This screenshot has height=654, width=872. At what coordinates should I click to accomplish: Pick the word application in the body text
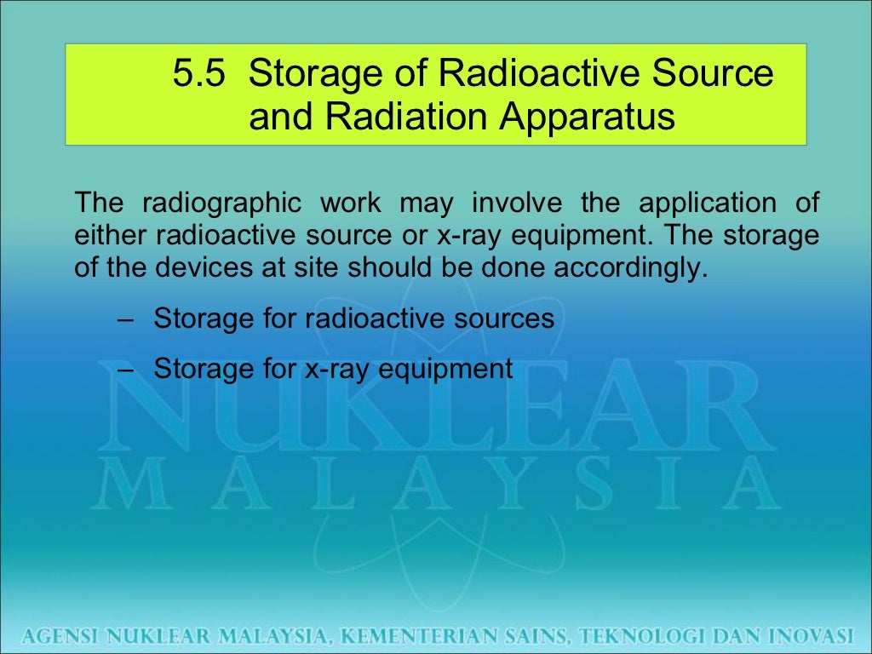(x=707, y=204)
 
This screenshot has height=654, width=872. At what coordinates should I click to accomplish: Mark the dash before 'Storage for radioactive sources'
(x=126, y=320)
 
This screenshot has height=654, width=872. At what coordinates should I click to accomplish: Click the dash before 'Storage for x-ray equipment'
(x=126, y=370)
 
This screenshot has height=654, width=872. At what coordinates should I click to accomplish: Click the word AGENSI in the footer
(x=60, y=634)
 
